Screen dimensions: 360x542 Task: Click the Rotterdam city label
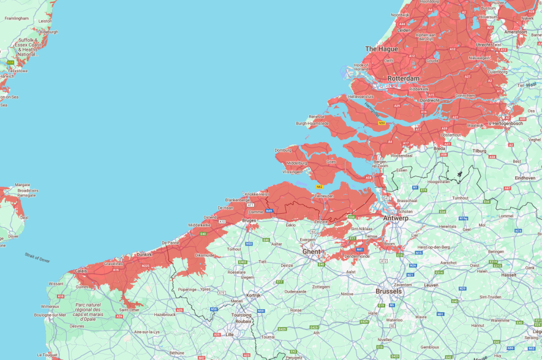pyautogui.click(x=404, y=79)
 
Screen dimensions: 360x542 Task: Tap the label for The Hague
pyautogui.click(x=381, y=49)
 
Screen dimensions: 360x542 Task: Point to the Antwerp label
pyautogui.click(x=395, y=218)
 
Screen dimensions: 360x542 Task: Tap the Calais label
pyautogui.click(x=80, y=271)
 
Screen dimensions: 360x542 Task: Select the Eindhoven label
pyautogui.click(x=524, y=178)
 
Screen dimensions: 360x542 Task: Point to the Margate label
pyautogui.click(x=23, y=184)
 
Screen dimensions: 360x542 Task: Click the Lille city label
pyautogui.click(x=230, y=334)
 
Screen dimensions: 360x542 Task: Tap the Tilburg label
pyautogui.click(x=479, y=151)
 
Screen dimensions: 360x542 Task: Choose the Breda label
pyautogui.click(x=439, y=148)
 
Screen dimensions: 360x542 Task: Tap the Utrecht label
pyautogui.click(x=484, y=45)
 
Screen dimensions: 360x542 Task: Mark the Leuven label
pyautogui.click(x=431, y=285)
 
